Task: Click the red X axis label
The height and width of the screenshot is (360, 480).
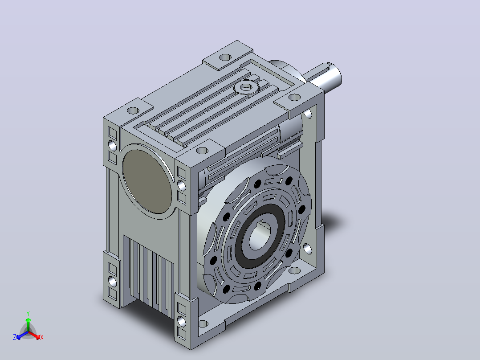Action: tap(42, 337)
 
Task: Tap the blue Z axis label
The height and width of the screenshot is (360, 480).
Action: tap(14, 337)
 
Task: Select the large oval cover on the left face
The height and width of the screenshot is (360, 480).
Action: tap(147, 182)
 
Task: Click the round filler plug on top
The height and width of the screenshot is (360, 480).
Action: tap(246, 88)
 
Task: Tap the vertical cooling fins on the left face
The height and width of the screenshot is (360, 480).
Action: tap(148, 275)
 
